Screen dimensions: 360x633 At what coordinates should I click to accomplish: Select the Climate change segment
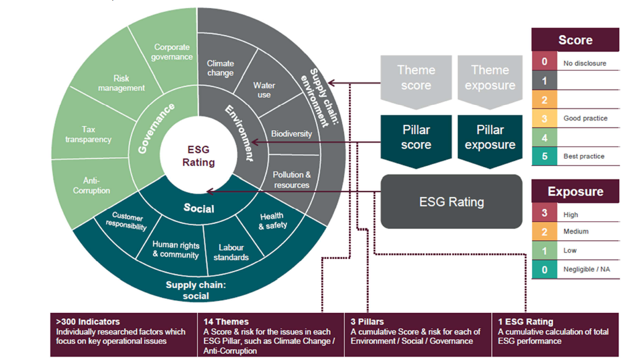221,68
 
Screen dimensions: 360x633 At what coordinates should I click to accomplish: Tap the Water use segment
264,90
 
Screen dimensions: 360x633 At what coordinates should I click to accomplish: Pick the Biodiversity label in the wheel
291,134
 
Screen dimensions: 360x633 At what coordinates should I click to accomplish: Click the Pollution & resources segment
292,180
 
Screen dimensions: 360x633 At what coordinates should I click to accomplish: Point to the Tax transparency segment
88,135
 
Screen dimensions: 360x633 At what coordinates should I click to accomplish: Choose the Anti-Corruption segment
92,185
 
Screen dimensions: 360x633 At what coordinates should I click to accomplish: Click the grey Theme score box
416,78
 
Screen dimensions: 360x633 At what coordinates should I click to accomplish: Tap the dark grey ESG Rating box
451,202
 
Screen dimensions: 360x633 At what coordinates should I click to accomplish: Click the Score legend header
575,40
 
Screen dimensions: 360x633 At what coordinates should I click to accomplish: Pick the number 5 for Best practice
545,156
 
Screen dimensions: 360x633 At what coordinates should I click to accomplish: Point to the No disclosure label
585,63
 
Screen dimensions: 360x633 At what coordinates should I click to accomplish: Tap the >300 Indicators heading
88,321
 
